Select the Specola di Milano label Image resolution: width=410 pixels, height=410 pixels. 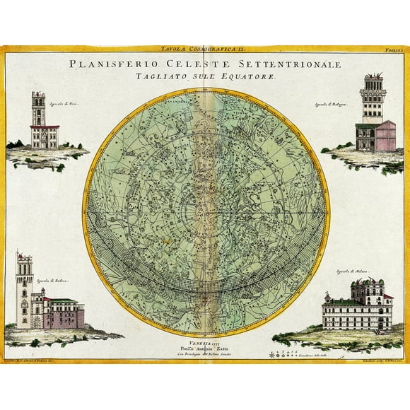[351, 271]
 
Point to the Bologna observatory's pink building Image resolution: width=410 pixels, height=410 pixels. [385, 135]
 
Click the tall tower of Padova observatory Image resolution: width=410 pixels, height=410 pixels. [25, 290]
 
